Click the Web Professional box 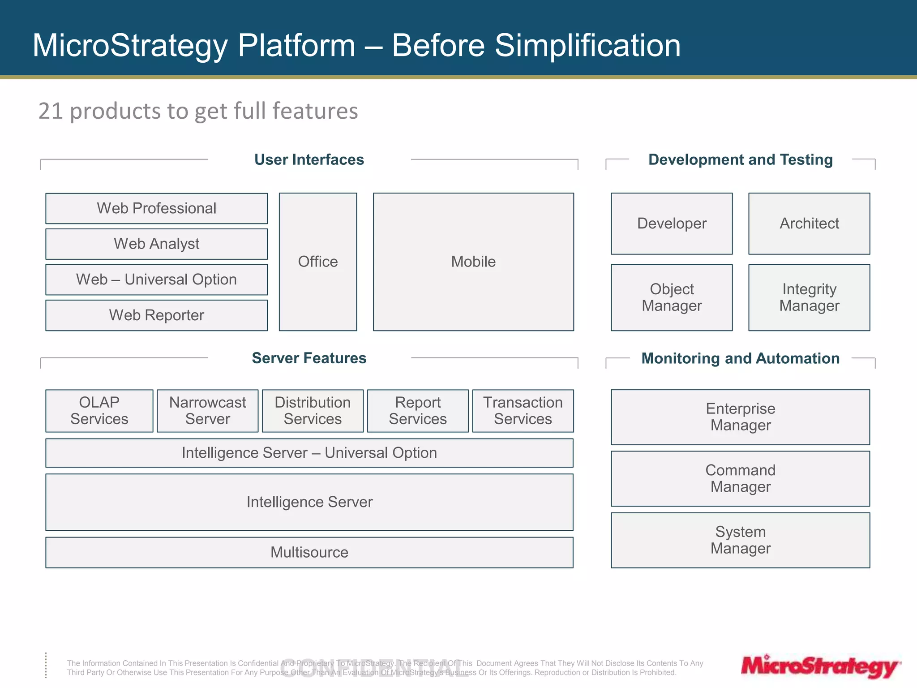coord(156,208)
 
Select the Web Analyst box coord(156,244)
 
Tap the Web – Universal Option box coord(156,279)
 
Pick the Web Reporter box coord(156,315)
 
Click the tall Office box coord(318,262)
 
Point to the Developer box coord(672,224)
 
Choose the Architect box coord(809,224)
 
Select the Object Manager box coord(672,297)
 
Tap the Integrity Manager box coord(809,297)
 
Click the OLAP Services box coord(99,411)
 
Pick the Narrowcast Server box coord(207,411)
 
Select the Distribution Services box coord(313,411)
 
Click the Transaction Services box coord(523,411)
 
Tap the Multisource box coord(309,552)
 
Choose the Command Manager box coord(740,478)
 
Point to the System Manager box coord(740,540)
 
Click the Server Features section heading coord(309,358)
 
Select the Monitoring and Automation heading coord(740,358)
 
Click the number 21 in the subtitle coord(50,111)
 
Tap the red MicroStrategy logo coord(820,666)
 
